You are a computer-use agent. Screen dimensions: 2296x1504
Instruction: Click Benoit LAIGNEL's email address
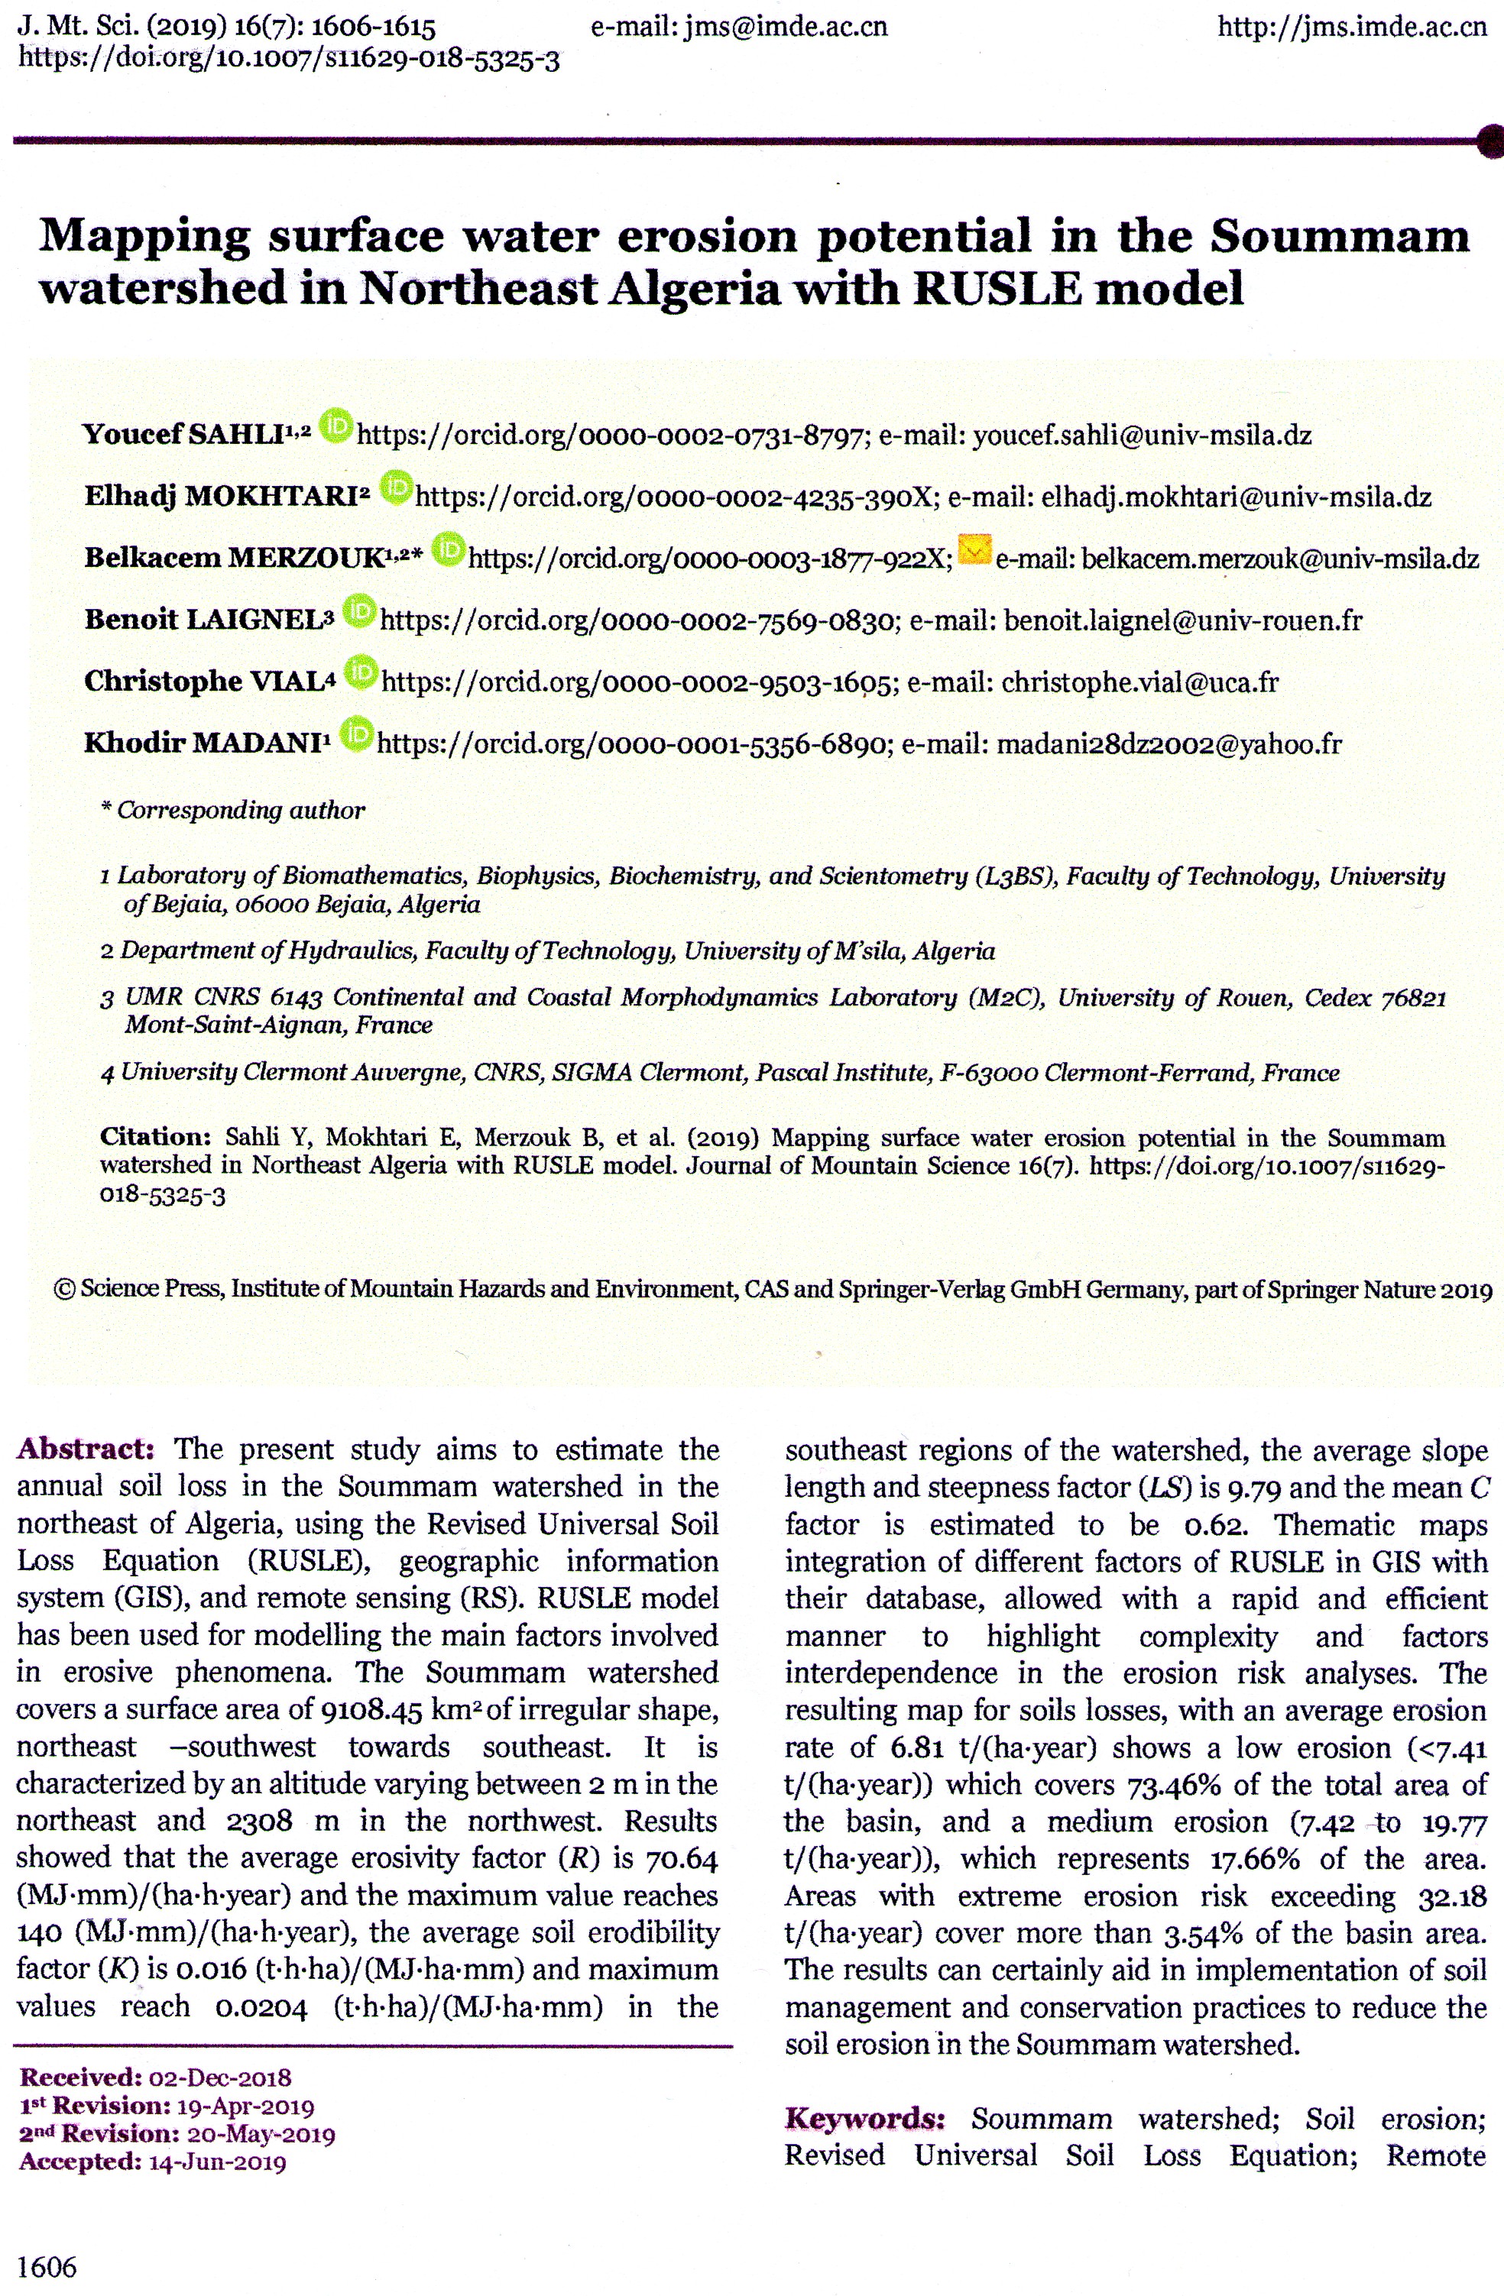(1183, 620)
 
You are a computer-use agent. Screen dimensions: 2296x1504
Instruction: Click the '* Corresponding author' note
(232, 811)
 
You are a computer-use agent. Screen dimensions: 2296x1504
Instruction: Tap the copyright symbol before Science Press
(66, 1290)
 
